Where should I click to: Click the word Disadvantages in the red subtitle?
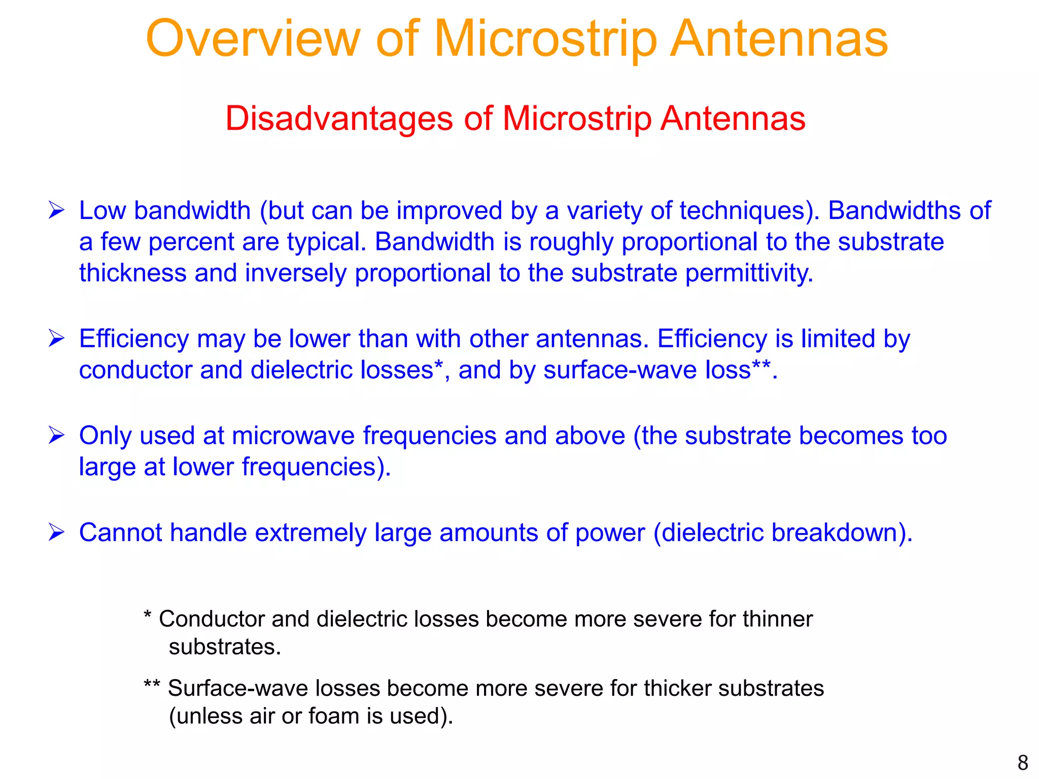[338, 119]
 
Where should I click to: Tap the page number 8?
[1022, 763]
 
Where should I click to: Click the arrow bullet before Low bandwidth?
[56, 210]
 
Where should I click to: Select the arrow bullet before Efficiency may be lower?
[56, 338]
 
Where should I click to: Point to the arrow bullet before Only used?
[56, 435]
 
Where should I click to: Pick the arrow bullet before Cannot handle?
[56, 533]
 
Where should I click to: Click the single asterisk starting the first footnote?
[148, 616]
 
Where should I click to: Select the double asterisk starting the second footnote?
[151, 685]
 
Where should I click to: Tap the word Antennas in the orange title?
[779, 39]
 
